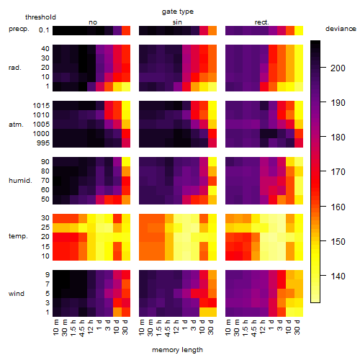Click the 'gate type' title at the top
pos(178,12)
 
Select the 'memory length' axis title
pos(177,350)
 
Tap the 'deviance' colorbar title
pos(341,29)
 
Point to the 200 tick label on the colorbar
pos(338,68)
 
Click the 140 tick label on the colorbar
pos(338,276)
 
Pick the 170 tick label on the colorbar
pos(338,172)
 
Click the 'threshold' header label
pos(40,17)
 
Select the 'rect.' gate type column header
pos(261,22)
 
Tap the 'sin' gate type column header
pos(177,22)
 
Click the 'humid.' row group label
pos(20,181)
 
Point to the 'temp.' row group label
pos(18,236)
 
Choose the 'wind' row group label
pos(17,294)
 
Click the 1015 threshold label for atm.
pos(41,106)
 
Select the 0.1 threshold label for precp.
pos(44,30)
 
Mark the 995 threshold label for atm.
pos(43,143)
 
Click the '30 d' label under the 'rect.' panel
pos(297,327)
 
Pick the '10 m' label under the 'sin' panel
pos(142,328)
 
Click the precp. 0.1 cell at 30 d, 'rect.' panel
pos(299,30)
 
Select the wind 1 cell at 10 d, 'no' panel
pos(117,312)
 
